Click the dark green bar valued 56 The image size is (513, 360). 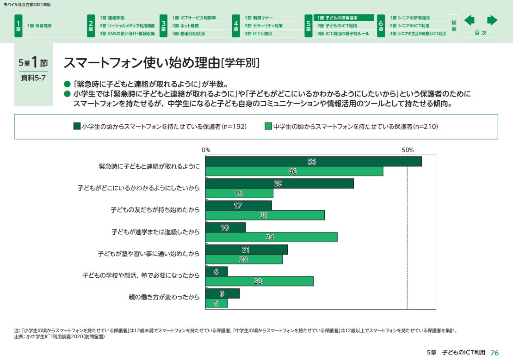pos(314,161)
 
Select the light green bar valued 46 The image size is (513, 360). pos(294,171)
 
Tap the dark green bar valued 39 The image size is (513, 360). pos(279,183)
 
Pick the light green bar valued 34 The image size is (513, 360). pos(272,238)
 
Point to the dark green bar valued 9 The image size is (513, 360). pos(223,293)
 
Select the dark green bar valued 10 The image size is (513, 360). pos(225,227)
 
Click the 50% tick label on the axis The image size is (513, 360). pos(407,150)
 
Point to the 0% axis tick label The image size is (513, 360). pos(206,150)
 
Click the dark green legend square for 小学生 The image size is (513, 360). pos(77,126)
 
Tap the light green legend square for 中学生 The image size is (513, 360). pos(268,126)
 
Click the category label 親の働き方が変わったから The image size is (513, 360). pos(164,297)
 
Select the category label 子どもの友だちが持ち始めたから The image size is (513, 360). pos(155,210)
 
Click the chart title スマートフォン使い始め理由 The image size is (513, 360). pos(141,62)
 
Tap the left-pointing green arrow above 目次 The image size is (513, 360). pos(470,20)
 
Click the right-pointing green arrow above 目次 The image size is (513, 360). pos(492,20)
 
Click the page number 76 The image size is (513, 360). pos(494,352)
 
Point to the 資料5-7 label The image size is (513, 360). pos(33,78)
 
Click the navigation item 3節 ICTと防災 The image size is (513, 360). pos(259,33)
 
